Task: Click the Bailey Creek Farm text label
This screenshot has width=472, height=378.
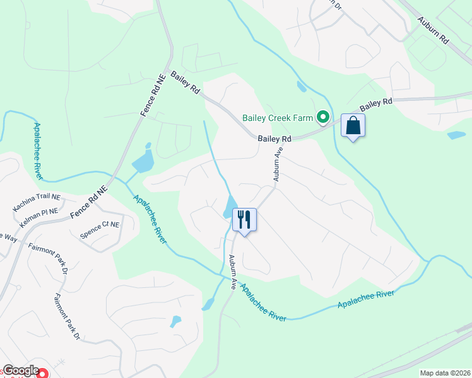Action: point(278,117)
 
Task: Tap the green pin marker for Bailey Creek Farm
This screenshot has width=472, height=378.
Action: point(323,117)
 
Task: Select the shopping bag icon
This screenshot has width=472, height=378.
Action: point(353,125)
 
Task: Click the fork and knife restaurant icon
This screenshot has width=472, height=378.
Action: point(244,220)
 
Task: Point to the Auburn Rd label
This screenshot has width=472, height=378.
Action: point(432,30)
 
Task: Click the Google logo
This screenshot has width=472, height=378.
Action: point(20,370)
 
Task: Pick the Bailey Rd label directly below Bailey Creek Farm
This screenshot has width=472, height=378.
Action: point(274,138)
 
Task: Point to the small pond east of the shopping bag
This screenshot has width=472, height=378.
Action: point(456,135)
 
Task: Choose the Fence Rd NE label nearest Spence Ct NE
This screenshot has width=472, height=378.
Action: point(88,201)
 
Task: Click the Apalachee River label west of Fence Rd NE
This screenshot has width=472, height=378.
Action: point(37,151)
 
